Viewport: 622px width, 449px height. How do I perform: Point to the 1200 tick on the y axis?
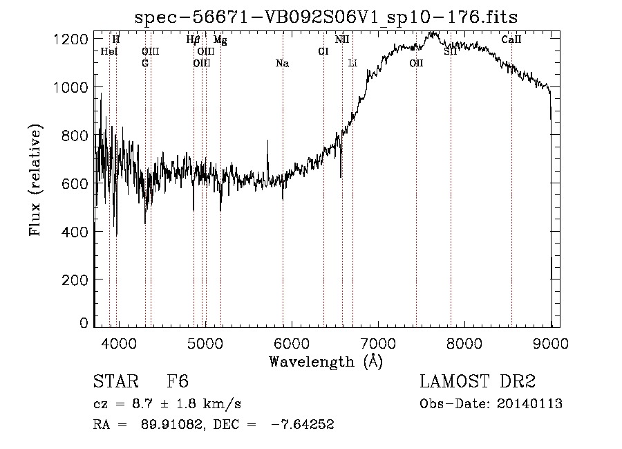pyautogui.click(x=72, y=39)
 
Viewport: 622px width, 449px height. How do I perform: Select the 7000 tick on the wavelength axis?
pyautogui.click(x=378, y=343)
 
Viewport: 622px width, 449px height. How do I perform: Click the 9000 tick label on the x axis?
pyautogui.click(x=551, y=343)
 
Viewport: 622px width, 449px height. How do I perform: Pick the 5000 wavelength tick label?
pyautogui.click(x=205, y=343)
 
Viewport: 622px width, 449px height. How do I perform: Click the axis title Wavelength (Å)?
pyautogui.click(x=326, y=361)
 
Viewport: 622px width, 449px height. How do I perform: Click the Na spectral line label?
pyautogui.click(x=282, y=64)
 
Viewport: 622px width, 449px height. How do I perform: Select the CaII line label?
pyautogui.click(x=511, y=40)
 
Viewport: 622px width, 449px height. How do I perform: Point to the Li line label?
pyautogui.click(x=352, y=64)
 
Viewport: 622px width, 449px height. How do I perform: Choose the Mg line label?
pyautogui.click(x=220, y=40)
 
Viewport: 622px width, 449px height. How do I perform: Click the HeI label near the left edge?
pyautogui.click(x=109, y=52)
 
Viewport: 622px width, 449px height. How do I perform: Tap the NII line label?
pyautogui.click(x=342, y=40)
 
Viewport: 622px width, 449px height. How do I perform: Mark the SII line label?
pyautogui.click(x=451, y=52)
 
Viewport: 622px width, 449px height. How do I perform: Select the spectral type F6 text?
pyautogui.click(x=178, y=383)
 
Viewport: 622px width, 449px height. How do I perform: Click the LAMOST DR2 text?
pyautogui.click(x=478, y=383)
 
